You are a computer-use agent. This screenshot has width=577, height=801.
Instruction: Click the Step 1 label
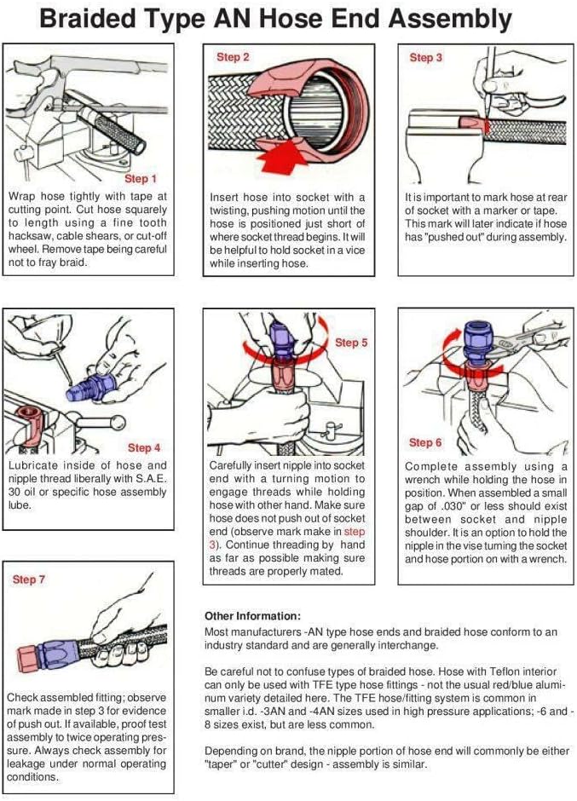pyautogui.click(x=141, y=179)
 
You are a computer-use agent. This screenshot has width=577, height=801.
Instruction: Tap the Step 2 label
pyautogui.click(x=233, y=57)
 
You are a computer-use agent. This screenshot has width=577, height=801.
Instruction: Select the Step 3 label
pyautogui.click(x=426, y=58)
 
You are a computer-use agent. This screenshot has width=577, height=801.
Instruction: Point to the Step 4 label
pyautogui.click(x=144, y=447)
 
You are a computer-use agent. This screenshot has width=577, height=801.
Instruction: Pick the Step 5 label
pyautogui.click(x=351, y=343)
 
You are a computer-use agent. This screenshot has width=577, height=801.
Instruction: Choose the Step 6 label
pyautogui.click(x=426, y=442)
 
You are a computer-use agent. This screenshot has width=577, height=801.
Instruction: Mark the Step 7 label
pyautogui.click(x=29, y=579)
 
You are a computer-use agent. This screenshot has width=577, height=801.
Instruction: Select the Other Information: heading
pyautogui.click(x=253, y=615)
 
